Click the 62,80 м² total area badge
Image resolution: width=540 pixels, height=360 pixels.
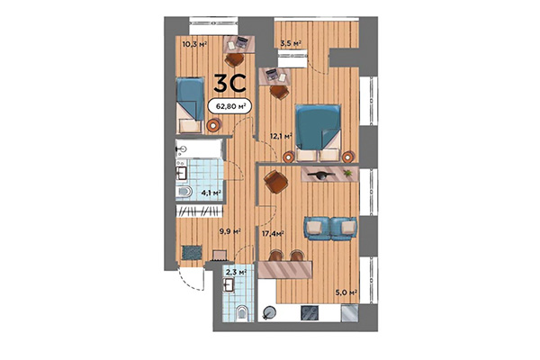point(228,105)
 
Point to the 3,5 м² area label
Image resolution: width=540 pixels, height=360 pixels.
point(290,42)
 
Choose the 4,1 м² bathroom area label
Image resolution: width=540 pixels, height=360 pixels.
point(211,191)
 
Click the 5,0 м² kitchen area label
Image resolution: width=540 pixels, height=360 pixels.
point(347,292)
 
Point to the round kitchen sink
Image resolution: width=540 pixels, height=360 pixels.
point(271,310)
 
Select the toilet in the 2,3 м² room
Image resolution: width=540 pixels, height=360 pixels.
point(240,311)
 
